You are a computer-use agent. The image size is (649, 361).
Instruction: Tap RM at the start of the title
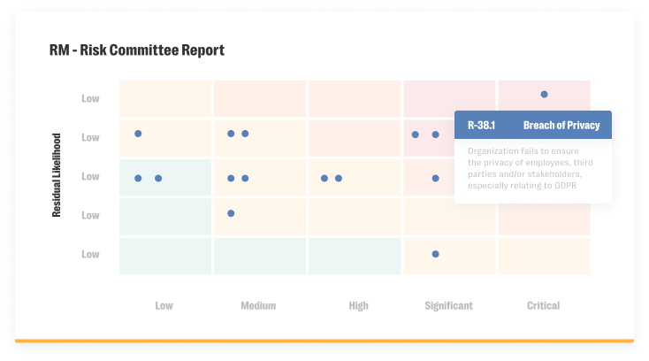59,50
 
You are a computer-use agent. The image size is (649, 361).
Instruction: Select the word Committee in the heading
145,50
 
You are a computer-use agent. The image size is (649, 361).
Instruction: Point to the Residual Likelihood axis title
57,175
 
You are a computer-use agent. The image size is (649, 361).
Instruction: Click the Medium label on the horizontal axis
258,305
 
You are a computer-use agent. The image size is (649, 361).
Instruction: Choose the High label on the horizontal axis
358,305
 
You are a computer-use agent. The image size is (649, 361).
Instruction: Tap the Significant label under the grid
448,305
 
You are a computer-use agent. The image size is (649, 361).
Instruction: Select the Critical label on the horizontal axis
543,305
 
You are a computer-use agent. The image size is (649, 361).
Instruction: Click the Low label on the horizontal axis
164,305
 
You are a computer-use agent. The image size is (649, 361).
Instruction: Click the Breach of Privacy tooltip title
561,126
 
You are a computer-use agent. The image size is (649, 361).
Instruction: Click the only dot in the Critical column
544,94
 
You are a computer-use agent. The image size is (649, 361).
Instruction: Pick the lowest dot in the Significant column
435,254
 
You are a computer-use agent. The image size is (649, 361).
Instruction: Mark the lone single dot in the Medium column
231,213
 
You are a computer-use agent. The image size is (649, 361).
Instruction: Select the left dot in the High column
324,178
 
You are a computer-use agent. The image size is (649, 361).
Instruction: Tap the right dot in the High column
339,178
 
